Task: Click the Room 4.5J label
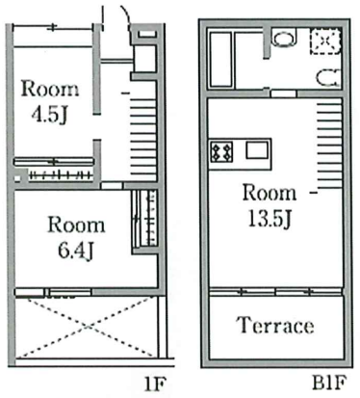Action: pos(50,101)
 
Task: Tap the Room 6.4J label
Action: pos(76,238)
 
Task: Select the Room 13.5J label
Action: pos(270,205)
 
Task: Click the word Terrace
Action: pos(275,325)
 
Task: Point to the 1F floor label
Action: pos(155,384)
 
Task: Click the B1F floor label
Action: pos(329,383)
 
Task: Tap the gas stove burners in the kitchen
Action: pos(221,151)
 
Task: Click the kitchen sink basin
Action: pos(257,150)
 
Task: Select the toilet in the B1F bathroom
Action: pos(328,78)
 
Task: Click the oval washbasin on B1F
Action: pos(284,39)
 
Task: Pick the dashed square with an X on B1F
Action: pos(325,41)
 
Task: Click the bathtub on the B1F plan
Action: pos(220,60)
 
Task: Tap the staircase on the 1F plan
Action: pos(143,138)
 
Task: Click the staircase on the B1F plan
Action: pos(329,146)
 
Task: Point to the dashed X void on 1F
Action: pos(87,327)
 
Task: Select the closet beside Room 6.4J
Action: pos(145,218)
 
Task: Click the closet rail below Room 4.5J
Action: pos(61,175)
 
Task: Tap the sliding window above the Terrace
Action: pos(275,292)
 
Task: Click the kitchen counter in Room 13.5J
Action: pos(241,154)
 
